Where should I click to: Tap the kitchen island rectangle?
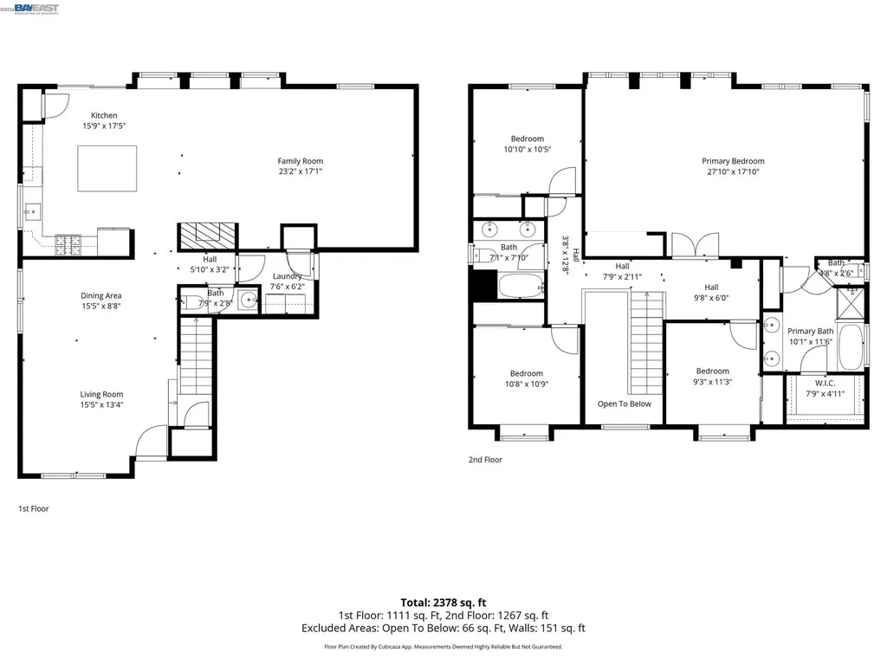pos(107,168)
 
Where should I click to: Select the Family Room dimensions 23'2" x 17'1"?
pos(300,171)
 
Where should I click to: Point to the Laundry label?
pos(287,276)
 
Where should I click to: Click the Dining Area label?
pos(101,296)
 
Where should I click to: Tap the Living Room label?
pos(101,394)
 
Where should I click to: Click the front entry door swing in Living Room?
pos(150,440)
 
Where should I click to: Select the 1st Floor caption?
pos(34,509)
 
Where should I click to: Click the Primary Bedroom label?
pos(733,161)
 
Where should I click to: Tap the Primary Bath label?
pos(810,331)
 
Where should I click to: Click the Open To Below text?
pos(624,404)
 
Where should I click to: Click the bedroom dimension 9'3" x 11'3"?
pos(713,382)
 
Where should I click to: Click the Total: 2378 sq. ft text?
pos(443,602)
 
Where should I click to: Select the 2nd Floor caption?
pos(485,460)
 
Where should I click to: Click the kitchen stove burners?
pos(68,246)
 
